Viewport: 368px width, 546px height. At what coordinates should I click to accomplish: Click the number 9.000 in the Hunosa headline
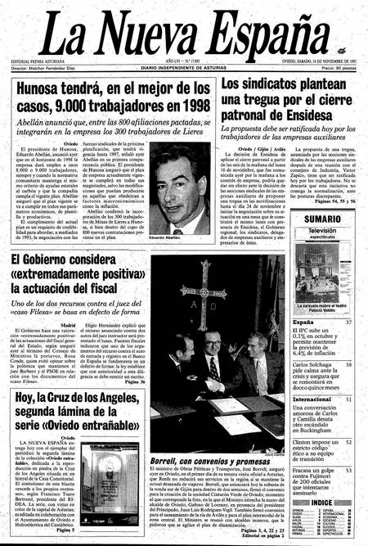point(77,107)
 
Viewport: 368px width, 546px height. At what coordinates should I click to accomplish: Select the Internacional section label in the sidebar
point(312,399)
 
